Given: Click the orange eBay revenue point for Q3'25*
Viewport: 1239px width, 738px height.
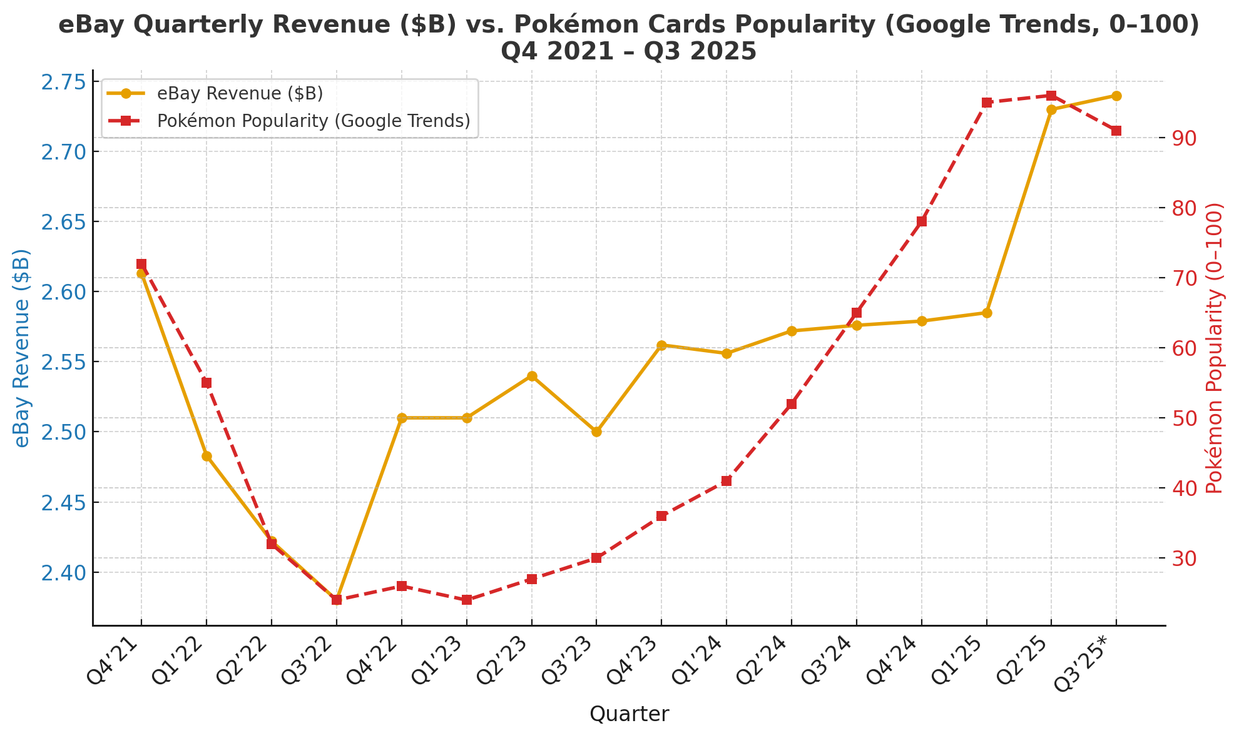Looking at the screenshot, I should tap(1116, 96).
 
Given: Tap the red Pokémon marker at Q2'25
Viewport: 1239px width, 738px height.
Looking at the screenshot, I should tap(1051, 96).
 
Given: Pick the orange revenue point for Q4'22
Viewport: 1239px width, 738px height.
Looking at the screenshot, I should tap(402, 418).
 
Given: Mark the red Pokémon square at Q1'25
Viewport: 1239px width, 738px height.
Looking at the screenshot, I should tap(987, 103).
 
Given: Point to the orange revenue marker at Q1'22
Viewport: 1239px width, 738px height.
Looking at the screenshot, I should tap(206, 456).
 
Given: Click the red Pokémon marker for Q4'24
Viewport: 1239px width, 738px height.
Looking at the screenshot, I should tap(922, 221).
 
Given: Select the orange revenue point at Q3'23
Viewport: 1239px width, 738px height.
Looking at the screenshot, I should tap(596, 432).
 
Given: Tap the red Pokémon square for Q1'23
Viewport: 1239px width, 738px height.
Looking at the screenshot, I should tap(467, 600).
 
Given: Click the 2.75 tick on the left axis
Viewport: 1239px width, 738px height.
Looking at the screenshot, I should tap(63, 82).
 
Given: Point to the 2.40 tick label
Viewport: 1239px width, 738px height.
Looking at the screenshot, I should tap(63, 572).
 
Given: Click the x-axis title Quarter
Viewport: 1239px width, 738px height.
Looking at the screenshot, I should tap(629, 714).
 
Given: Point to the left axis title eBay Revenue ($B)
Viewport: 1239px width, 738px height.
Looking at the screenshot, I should tap(22, 348).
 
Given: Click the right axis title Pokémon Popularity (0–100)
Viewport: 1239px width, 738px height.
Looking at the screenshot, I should tap(1214, 348).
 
